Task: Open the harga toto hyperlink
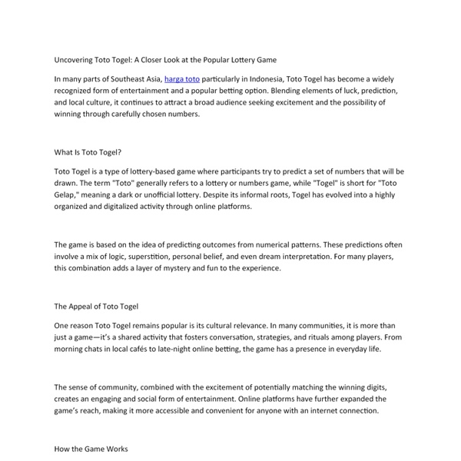(x=181, y=79)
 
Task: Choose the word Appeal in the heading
(x=85, y=306)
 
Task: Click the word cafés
(x=144, y=349)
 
